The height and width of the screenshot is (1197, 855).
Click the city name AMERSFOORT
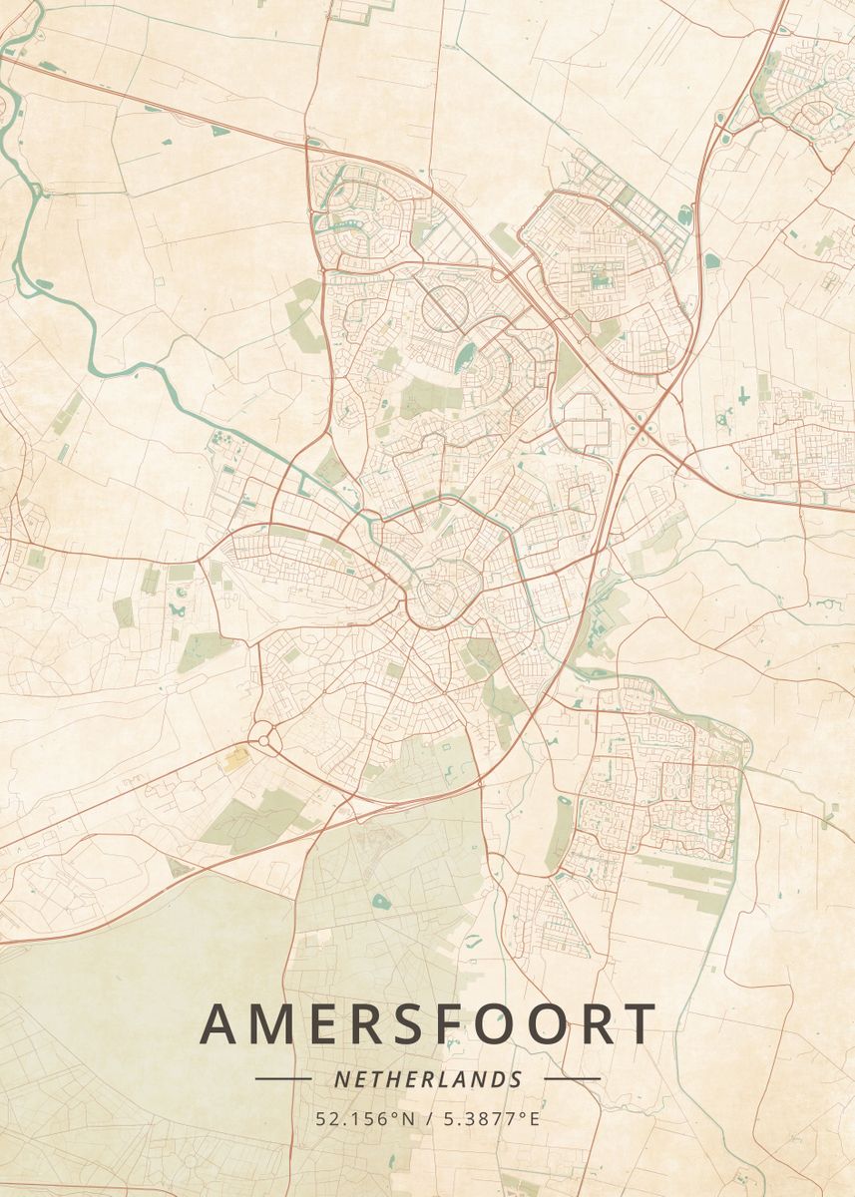(x=428, y=1024)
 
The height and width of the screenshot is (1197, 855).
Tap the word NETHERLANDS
(x=428, y=1079)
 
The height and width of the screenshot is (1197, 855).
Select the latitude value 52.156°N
(x=365, y=1119)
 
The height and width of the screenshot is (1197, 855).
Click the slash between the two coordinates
(x=428, y=1119)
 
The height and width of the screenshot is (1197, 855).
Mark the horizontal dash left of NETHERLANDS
(x=283, y=1078)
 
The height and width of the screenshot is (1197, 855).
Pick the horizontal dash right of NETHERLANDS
(x=572, y=1078)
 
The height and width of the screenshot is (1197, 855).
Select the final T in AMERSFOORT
(x=639, y=1024)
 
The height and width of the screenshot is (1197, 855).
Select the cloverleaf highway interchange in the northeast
(x=641, y=431)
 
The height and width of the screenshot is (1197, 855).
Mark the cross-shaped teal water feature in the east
(x=744, y=396)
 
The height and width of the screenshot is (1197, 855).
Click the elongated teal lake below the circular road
(x=465, y=356)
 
